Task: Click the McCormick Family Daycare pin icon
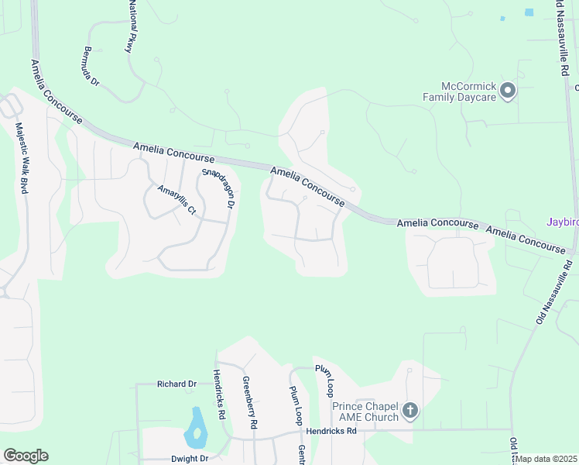(x=508, y=91)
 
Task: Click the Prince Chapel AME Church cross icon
(x=410, y=411)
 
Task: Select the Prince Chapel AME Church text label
(x=365, y=412)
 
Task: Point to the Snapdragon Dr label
(x=218, y=188)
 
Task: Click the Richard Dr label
(x=176, y=384)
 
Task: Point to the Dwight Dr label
(x=189, y=458)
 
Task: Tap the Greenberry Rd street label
(x=248, y=402)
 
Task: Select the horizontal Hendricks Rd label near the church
(x=331, y=430)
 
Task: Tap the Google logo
(x=26, y=456)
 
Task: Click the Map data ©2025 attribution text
(x=546, y=459)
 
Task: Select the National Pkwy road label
(x=131, y=28)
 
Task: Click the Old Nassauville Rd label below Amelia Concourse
(x=554, y=291)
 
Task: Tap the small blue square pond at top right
(x=529, y=12)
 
